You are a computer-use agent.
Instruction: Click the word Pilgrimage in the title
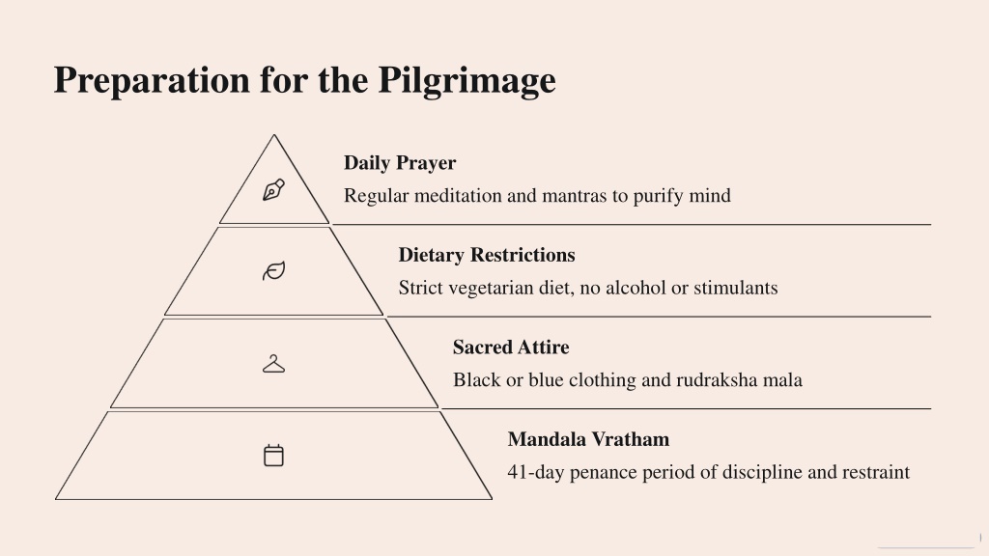tap(466, 81)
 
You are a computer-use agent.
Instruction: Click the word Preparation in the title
tap(152, 81)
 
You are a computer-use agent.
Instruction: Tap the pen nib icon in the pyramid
tap(273, 190)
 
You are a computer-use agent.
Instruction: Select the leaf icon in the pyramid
tap(273, 271)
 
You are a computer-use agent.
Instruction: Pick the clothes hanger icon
tap(273, 364)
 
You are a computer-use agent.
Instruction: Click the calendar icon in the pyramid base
tap(273, 456)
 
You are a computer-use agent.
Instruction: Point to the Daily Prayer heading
tap(400, 163)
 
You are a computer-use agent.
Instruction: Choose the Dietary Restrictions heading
tap(487, 255)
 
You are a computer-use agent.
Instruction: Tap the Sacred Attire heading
tap(511, 347)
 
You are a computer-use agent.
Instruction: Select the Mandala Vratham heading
tap(588, 439)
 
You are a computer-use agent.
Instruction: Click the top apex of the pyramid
tap(273, 134)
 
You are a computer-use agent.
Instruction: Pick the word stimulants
tap(735, 288)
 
